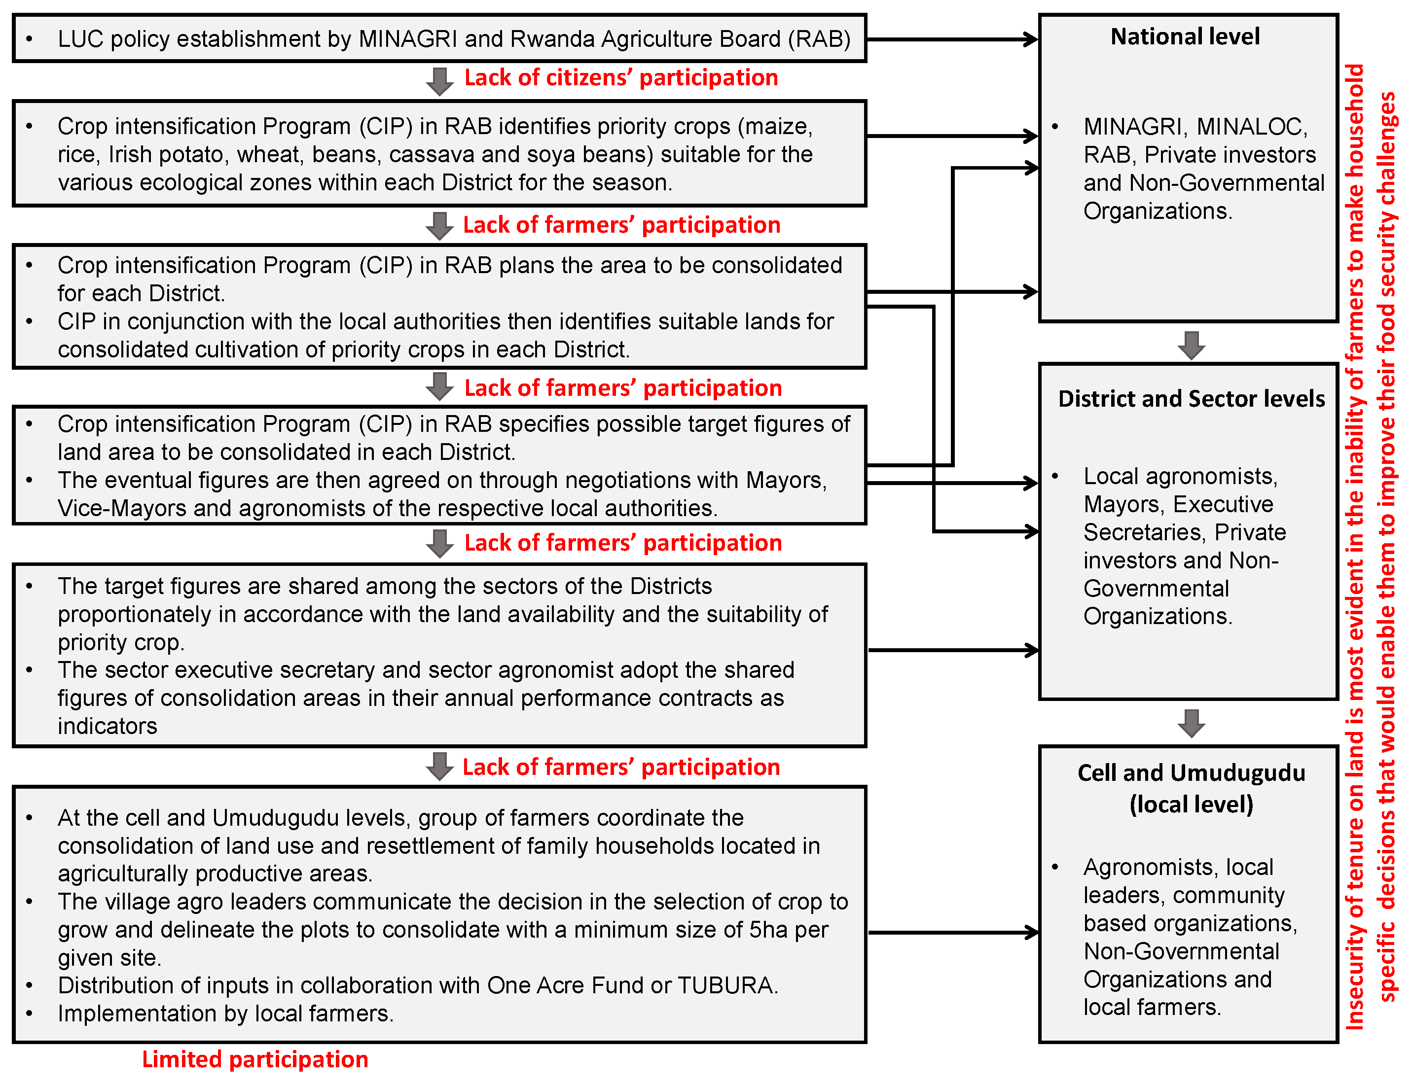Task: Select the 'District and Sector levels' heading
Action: click(x=1191, y=399)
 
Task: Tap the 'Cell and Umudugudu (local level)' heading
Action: click(x=1191, y=788)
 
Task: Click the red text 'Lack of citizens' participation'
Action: click(x=620, y=78)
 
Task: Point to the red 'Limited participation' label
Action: click(x=255, y=1059)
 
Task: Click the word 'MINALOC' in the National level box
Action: click(x=1251, y=127)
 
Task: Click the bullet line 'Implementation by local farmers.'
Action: click(x=225, y=1013)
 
